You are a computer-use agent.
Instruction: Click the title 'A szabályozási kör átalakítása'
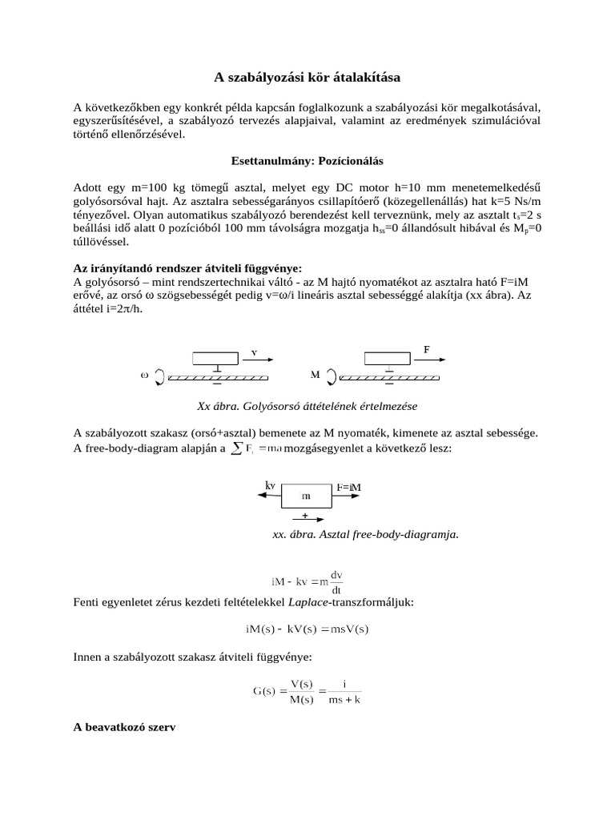307,78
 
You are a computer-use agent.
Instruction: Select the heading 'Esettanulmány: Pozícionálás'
307,161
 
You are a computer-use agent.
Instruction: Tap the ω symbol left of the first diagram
145,374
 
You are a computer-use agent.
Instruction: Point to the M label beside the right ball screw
316,374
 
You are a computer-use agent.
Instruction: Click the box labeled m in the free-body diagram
306,496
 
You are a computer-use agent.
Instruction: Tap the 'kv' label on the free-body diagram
270,484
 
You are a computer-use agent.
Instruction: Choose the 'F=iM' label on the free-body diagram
348,486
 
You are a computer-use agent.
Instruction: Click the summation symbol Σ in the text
235,448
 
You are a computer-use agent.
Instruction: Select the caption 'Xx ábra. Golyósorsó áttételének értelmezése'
307,406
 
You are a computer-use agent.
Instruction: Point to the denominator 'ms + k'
344,700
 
